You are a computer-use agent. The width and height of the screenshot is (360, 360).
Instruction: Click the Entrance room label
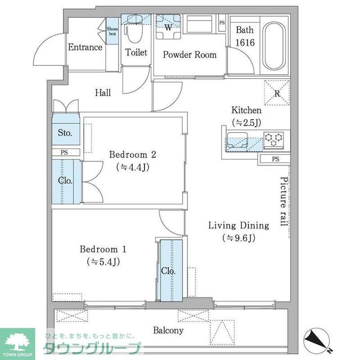[85, 47]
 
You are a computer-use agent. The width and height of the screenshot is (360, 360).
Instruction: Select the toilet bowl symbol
[133, 28]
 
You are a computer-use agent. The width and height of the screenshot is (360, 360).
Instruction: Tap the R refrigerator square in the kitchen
[277, 93]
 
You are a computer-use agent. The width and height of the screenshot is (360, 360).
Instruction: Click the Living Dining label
[238, 226]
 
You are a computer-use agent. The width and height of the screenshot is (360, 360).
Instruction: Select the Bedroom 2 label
[132, 155]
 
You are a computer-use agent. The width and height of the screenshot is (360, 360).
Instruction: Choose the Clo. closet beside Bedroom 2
[65, 181]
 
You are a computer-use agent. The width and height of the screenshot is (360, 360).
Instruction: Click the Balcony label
[168, 331]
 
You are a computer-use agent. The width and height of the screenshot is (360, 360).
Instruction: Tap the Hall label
[102, 93]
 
